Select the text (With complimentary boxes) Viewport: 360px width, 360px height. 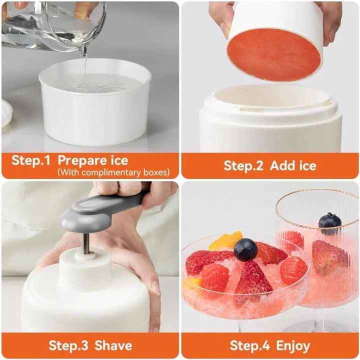(113, 172)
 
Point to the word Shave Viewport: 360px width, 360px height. (113, 345)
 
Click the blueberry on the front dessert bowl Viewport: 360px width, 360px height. (246, 249)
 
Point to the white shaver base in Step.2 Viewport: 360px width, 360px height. (270, 125)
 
